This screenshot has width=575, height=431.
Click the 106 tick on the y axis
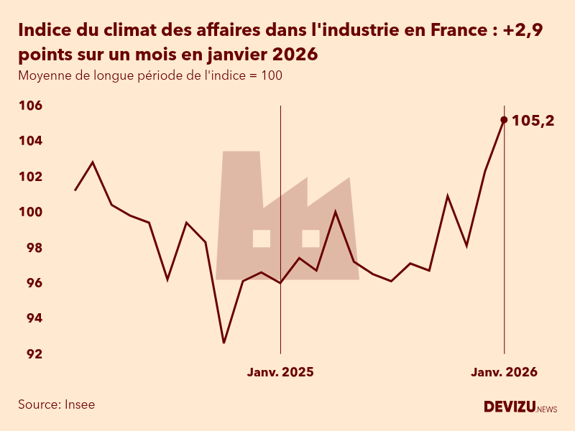30,106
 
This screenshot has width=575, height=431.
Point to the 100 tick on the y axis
30,213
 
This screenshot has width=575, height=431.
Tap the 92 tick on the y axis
30,354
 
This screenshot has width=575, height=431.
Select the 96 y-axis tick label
30,283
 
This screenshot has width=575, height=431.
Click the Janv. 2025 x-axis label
280,372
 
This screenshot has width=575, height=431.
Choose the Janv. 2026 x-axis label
504,372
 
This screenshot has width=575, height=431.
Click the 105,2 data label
533,121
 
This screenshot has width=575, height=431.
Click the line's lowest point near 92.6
224,343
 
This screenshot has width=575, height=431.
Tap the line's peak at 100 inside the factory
335,212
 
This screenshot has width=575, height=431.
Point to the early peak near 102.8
93,162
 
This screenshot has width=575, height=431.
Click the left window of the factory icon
262,238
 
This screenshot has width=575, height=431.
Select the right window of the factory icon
310,238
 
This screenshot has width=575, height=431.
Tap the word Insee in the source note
80,404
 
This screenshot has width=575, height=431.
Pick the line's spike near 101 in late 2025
448,195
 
